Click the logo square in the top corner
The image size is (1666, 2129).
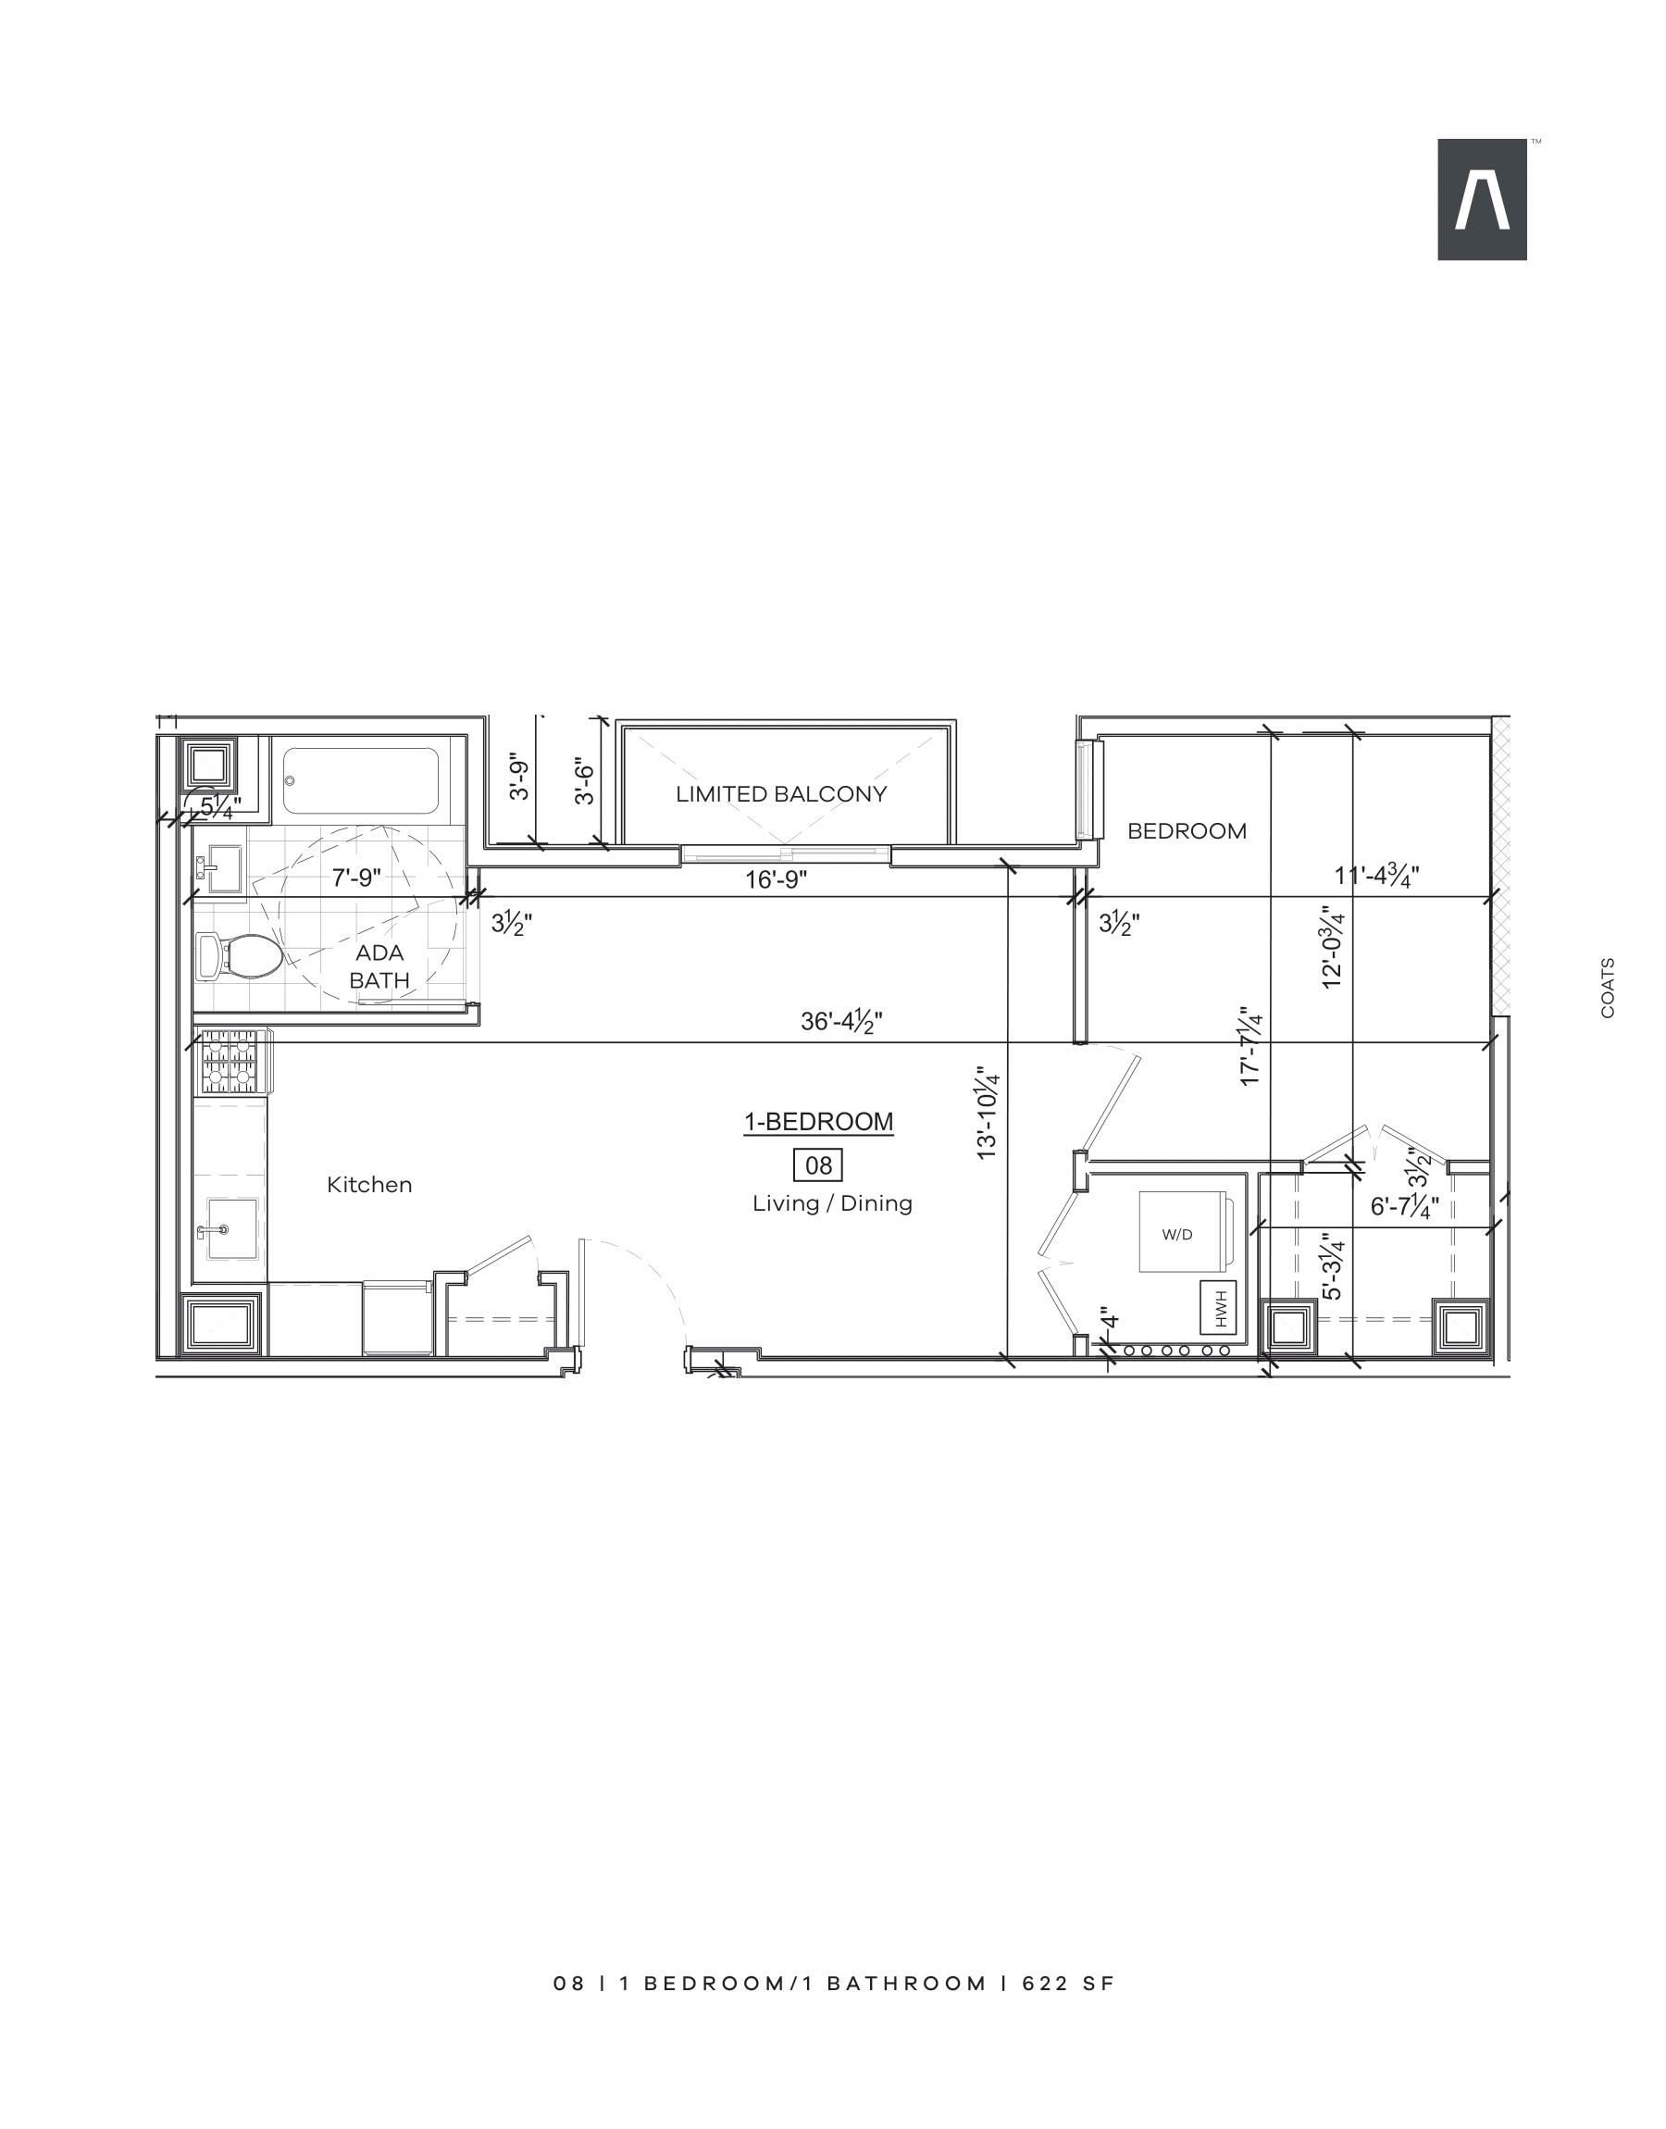1482,199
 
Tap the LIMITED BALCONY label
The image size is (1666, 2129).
781,794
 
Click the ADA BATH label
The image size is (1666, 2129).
379,965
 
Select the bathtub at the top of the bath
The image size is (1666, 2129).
361,781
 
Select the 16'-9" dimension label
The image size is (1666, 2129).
777,879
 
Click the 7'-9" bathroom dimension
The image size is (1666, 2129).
356,878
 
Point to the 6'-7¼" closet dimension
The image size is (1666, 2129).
1405,1207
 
